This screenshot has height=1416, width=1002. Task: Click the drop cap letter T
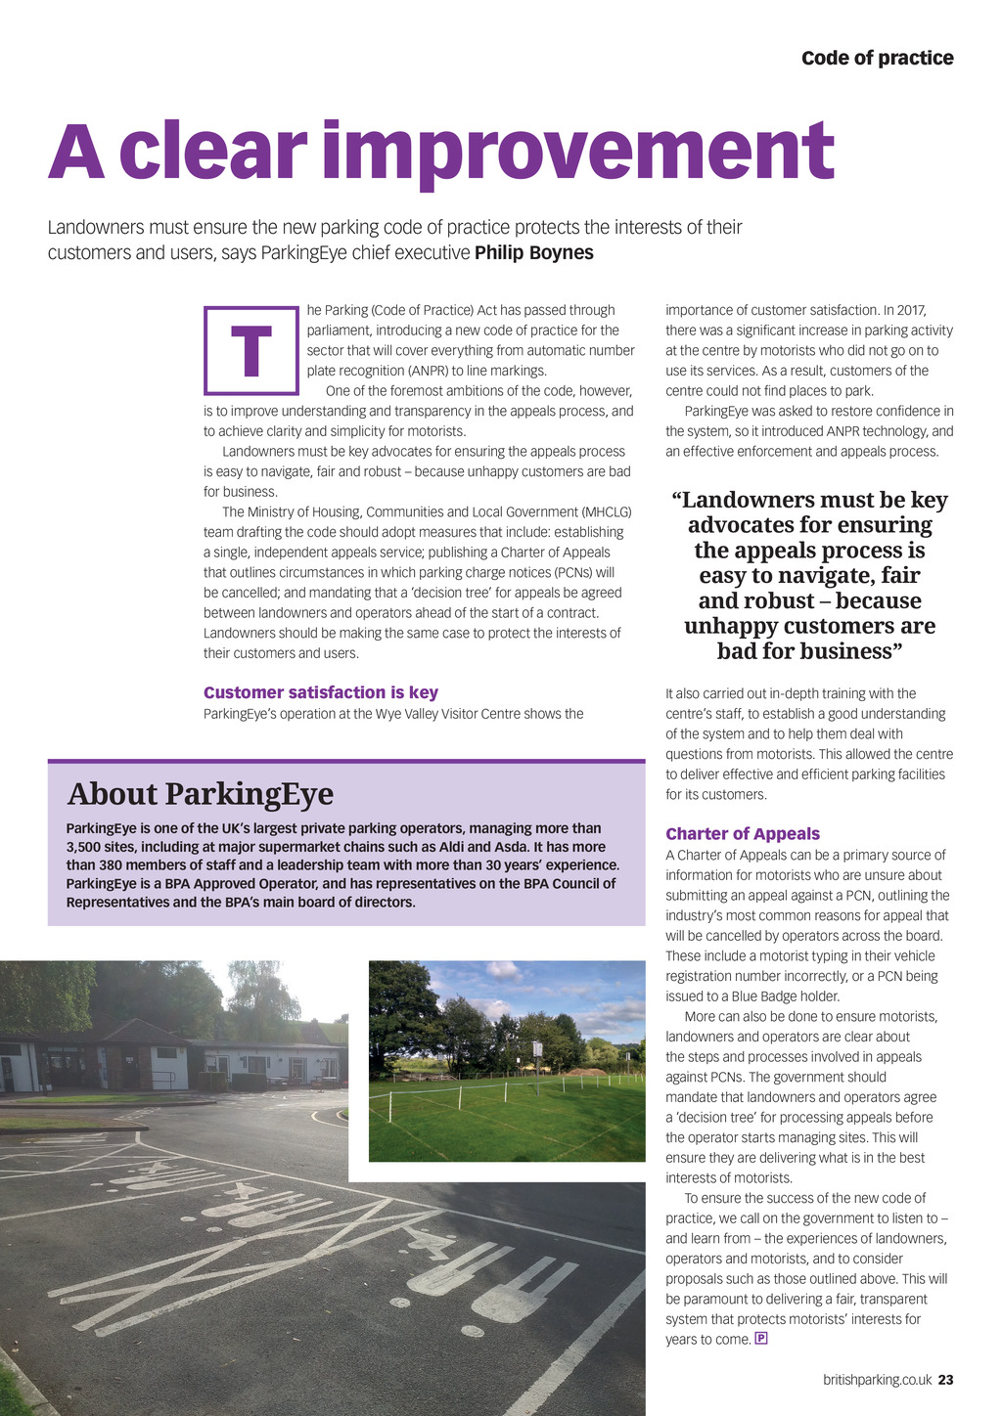pyautogui.click(x=251, y=350)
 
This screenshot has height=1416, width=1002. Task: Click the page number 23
pyautogui.click(x=945, y=1380)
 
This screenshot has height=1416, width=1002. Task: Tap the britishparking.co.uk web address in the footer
pyautogui.click(x=877, y=1380)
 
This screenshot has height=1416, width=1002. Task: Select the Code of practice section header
pyautogui.click(x=877, y=58)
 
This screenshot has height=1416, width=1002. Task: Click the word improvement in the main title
pyautogui.click(x=577, y=152)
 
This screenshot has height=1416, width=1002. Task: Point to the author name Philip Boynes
pyautogui.click(x=534, y=252)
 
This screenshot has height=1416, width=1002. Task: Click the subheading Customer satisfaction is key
pyautogui.click(x=321, y=692)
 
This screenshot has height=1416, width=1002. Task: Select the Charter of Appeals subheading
pyautogui.click(x=743, y=833)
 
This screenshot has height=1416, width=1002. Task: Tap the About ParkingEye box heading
pyautogui.click(x=201, y=793)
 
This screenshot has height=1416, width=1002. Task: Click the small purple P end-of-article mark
pyautogui.click(x=761, y=1338)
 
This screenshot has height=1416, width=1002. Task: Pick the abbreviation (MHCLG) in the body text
pyautogui.click(x=607, y=511)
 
